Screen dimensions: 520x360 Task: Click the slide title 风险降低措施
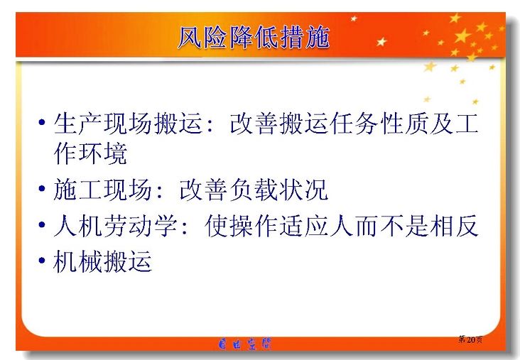[x=254, y=37]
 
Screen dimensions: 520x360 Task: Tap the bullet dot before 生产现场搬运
[x=42, y=123]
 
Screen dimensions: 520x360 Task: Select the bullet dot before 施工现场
[x=42, y=189]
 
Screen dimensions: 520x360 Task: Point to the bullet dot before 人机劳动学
[x=42, y=225]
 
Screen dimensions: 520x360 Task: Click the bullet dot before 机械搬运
[x=42, y=260]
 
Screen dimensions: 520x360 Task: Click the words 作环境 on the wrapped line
[x=90, y=153]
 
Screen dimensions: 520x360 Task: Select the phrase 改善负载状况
[x=254, y=190]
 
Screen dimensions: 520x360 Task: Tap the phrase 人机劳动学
[x=115, y=225]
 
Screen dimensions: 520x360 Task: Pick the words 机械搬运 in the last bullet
[x=102, y=261]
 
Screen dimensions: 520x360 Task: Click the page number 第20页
[x=470, y=339]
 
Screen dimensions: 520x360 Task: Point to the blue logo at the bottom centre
[x=245, y=344]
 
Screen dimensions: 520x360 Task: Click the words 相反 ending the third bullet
[x=454, y=225]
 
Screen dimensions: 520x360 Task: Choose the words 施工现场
[x=102, y=190]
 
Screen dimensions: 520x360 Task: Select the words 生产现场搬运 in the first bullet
[x=128, y=124]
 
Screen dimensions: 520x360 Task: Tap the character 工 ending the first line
[x=467, y=124]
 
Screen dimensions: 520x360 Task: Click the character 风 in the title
[x=190, y=37]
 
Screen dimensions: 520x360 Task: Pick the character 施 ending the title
[x=318, y=37]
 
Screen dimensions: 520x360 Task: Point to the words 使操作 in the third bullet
[x=242, y=225]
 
